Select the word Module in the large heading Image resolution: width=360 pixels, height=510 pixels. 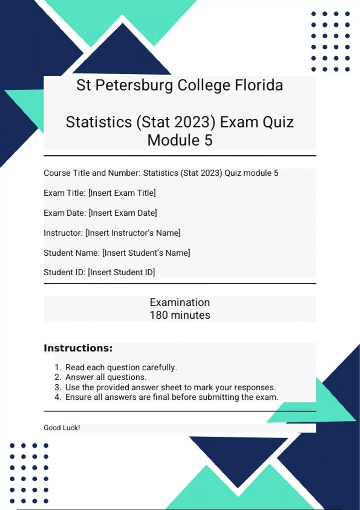click(173, 140)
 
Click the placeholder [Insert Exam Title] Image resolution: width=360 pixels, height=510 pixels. click(122, 193)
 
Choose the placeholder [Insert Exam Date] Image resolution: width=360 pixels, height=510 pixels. click(123, 213)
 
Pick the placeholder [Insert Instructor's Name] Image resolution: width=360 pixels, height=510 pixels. click(133, 233)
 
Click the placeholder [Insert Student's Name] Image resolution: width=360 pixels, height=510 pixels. click(146, 253)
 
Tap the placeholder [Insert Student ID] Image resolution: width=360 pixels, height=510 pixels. click(121, 272)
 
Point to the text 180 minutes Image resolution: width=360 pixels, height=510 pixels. click(180, 315)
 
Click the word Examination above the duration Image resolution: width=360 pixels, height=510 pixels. click(180, 302)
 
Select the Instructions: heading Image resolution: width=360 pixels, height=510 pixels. click(78, 348)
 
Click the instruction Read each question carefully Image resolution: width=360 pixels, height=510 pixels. click(121, 367)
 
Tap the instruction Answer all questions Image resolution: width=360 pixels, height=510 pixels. click(106, 377)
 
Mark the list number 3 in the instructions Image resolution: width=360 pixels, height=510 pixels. click(58, 387)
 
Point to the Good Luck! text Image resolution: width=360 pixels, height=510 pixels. click(62, 428)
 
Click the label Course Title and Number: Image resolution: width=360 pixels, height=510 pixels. click(92, 173)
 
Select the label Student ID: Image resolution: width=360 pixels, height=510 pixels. click(64, 272)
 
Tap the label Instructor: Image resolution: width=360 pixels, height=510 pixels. click(63, 233)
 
